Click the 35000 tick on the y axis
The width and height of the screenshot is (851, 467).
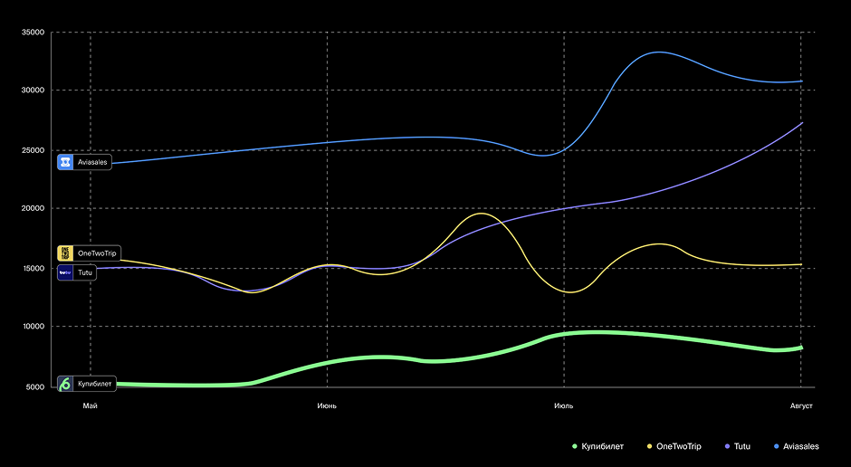tap(33, 33)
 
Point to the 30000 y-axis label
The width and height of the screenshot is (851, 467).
tap(33, 91)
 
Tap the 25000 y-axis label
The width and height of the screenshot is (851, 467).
tap(33, 150)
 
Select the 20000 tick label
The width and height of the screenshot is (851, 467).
tap(33, 208)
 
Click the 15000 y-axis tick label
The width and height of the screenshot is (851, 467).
tap(33, 269)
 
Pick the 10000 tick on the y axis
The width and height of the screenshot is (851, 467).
tap(33, 327)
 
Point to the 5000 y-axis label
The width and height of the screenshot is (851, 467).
tap(35, 387)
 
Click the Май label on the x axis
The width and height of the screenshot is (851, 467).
tap(90, 405)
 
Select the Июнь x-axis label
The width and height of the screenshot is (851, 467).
tap(327, 405)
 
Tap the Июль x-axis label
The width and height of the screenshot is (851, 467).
tap(564, 405)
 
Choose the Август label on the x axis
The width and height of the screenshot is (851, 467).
tap(801, 405)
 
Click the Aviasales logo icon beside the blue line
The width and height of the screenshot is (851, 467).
tap(65, 162)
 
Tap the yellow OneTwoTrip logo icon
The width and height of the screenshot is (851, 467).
tap(65, 253)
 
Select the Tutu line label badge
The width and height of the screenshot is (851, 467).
tap(77, 272)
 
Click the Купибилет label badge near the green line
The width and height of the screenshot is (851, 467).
tap(87, 384)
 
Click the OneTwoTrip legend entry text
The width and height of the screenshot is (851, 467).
tap(679, 446)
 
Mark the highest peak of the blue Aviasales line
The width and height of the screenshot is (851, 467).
tap(658, 52)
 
